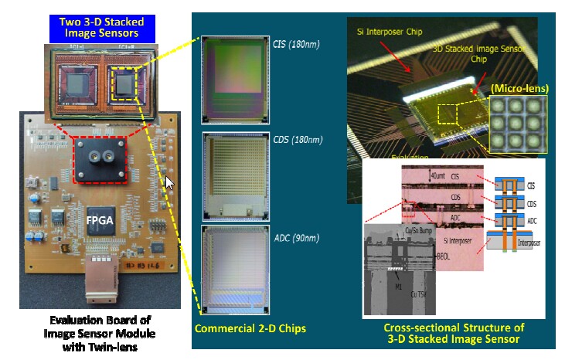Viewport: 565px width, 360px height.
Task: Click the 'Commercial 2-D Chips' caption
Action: [x=250, y=328]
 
